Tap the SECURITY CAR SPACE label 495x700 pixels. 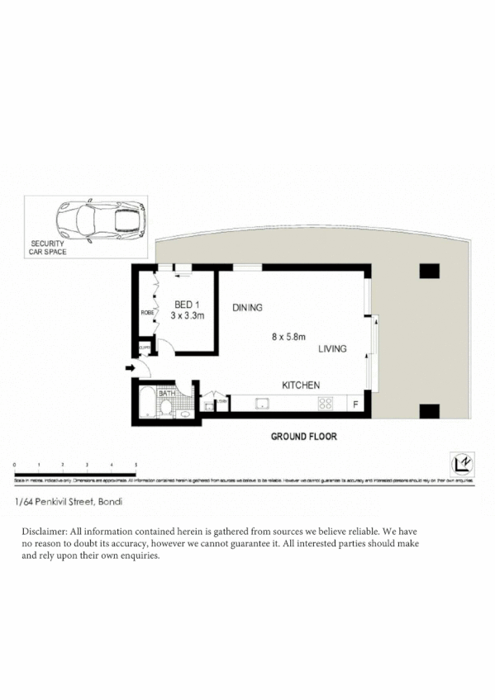pos(49,248)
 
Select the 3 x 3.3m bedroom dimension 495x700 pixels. pos(188,315)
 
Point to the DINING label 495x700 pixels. pos(247,308)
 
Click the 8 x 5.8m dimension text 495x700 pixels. pos(289,336)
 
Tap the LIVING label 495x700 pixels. pos(333,349)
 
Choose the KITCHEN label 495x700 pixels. pos(301,385)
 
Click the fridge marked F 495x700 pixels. pos(355,404)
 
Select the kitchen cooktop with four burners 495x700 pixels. pos(326,404)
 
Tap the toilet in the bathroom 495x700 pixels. pos(167,409)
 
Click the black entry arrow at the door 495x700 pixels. pos(130,367)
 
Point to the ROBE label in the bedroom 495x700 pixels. pos(147,313)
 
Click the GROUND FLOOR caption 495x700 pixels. pos(303,437)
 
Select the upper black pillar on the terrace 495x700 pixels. pos(429,270)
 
